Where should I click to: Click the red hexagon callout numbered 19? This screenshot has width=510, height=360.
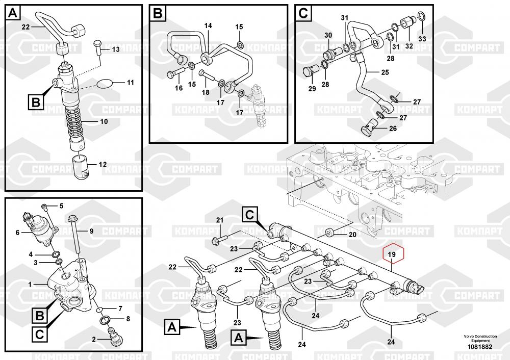(392, 254)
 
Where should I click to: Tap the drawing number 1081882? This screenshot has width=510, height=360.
(480, 347)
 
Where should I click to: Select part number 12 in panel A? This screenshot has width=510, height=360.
(103, 165)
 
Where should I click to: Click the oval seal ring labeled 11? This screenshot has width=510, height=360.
(105, 84)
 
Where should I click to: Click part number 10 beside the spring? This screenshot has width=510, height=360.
(104, 122)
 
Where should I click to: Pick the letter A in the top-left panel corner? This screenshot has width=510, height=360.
(13, 13)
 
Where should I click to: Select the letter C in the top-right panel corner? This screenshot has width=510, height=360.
(303, 14)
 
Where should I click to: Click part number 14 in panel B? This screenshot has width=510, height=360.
(208, 25)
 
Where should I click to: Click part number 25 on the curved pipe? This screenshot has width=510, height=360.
(385, 72)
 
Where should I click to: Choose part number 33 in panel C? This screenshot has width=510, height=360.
(422, 39)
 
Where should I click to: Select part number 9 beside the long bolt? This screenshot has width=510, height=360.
(91, 231)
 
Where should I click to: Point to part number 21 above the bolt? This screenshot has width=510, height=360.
(220, 220)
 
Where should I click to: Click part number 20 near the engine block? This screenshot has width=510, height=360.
(352, 235)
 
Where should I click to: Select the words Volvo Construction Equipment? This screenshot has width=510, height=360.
(480, 338)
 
